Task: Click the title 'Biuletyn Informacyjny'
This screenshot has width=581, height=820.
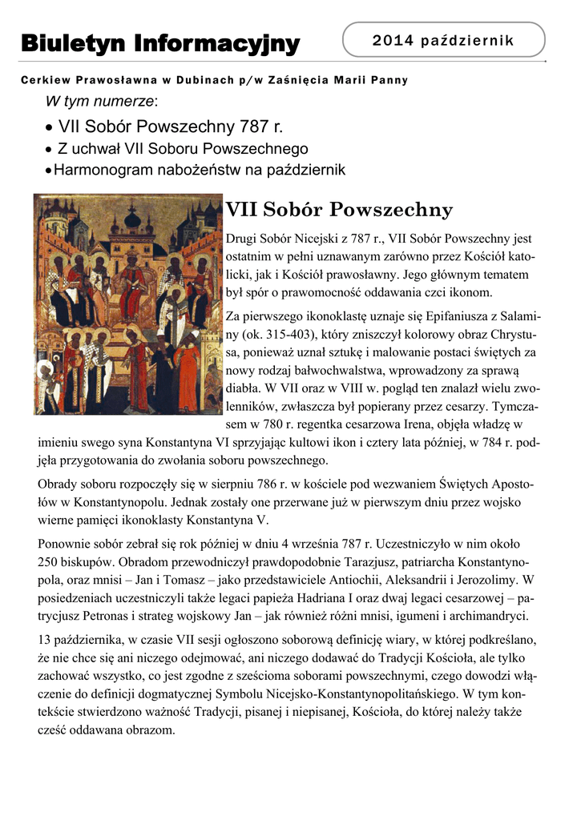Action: pos(160,42)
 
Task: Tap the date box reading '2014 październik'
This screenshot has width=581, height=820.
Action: pos(443,40)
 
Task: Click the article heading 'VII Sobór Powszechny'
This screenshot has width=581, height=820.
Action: pos(339,211)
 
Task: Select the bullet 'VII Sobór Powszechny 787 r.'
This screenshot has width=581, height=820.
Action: pos(171,127)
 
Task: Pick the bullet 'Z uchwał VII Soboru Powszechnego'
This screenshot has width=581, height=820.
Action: pos(182,149)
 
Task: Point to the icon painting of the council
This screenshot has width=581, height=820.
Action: pos(127,304)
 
